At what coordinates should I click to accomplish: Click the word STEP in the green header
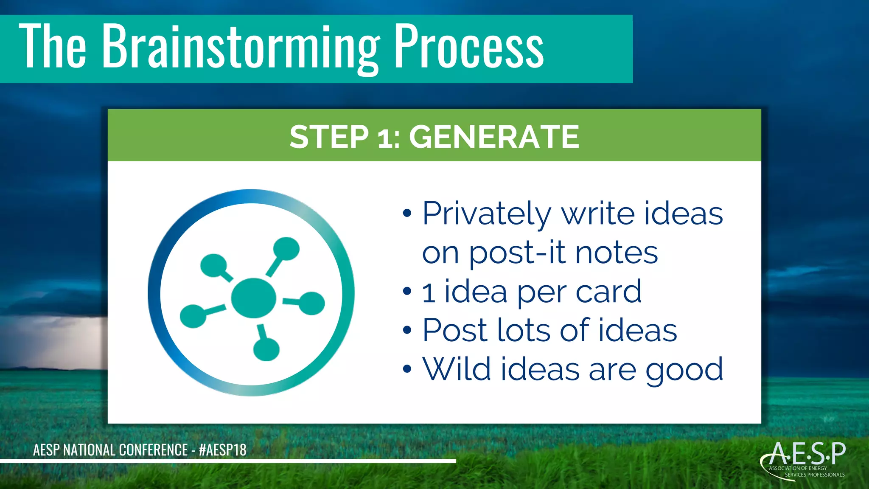(x=329, y=137)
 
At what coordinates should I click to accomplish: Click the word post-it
(x=517, y=253)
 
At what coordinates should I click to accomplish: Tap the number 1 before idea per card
(x=429, y=293)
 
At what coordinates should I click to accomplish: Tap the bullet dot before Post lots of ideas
(x=407, y=330)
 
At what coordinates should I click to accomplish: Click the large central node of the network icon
(x=253, y=298)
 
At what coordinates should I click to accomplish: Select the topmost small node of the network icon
(x=286, y=248)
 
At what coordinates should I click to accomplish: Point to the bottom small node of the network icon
(x=266, y=349)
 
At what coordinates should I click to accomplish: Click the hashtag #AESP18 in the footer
(x=222, y=450)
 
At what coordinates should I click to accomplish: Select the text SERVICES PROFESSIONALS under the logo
(x=814, y=475)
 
